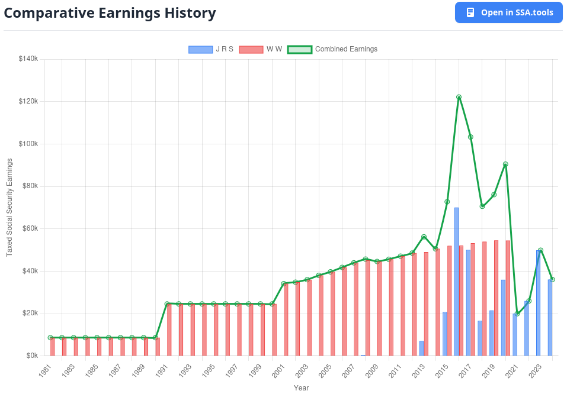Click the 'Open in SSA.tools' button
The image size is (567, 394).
click(508, 12)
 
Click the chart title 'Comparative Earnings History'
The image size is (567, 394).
click(110, 13)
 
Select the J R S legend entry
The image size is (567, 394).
click(211, 49)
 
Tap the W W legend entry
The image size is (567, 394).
click(261, 49)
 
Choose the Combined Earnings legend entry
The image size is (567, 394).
click(332, 49)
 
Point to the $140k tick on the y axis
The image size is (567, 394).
click(28, 59)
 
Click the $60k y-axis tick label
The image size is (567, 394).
click(28, 228)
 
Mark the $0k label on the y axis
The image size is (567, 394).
click(30, 356)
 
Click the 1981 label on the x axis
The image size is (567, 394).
click(44, 371)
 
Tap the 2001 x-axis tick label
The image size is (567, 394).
click(277, 371)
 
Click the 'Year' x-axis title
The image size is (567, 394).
click(301, 388)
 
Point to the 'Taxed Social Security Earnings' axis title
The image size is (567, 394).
click(9, 208)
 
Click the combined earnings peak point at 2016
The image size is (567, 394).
click(459, 97)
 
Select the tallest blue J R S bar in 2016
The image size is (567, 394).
click(456, 282)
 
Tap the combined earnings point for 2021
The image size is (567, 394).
click(517, 314)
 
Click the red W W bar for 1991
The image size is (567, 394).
click(169, 330)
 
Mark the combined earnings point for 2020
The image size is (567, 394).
click(505, 164)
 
